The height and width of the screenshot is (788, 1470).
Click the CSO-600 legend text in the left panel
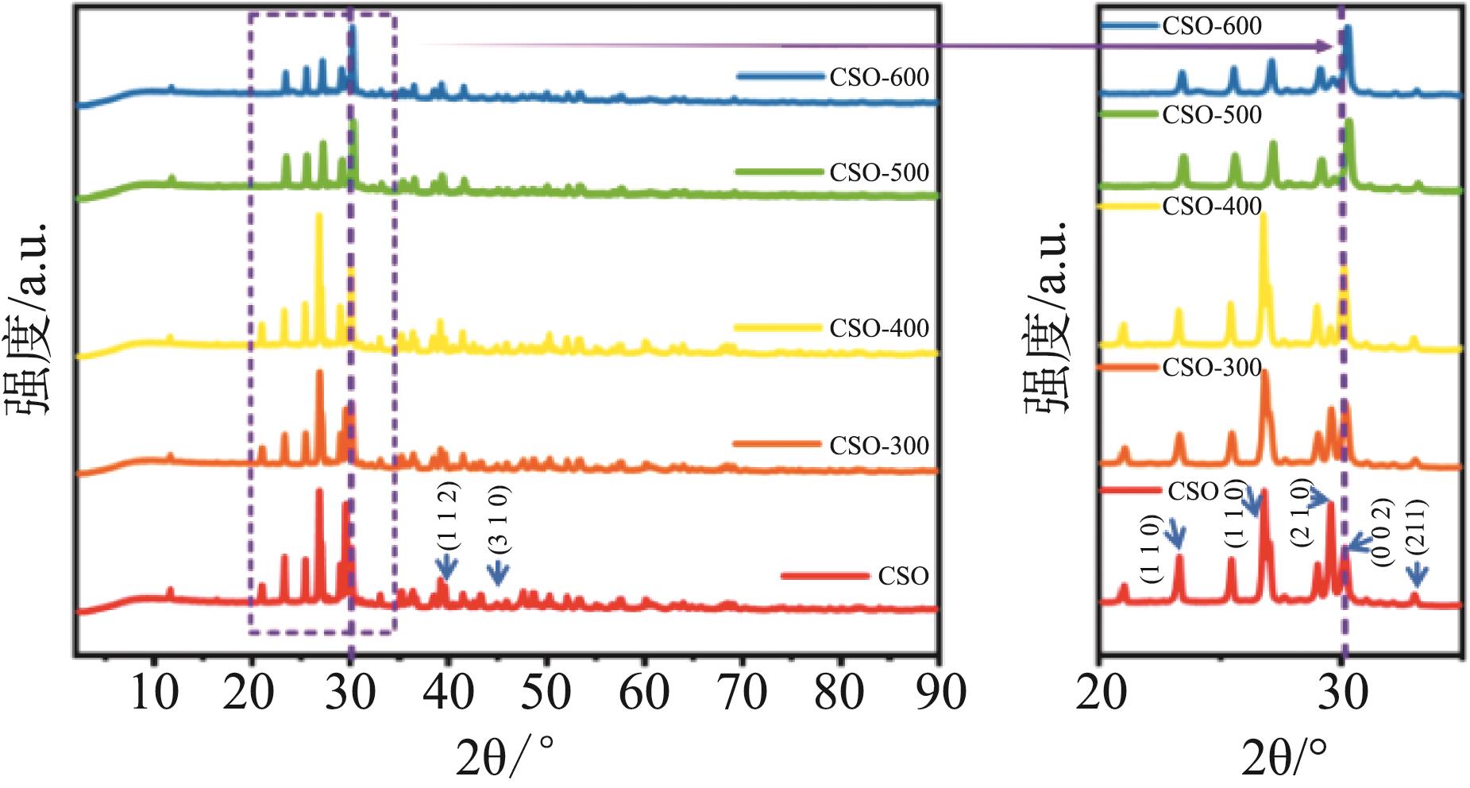click(879, 78)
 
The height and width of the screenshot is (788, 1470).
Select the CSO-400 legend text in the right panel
click(1212, 207)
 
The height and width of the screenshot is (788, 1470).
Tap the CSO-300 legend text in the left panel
click(879, 446)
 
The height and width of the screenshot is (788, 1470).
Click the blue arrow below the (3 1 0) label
click(498, 574)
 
